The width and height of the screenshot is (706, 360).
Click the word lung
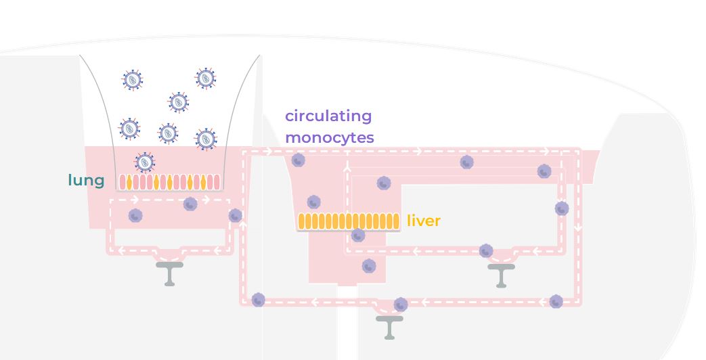pos(86,180)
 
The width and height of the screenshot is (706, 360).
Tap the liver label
pos(424,221)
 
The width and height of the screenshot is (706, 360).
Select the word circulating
pos(328,116)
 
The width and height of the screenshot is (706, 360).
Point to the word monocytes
pos(329,137)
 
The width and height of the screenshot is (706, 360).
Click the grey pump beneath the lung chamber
pos(169,271)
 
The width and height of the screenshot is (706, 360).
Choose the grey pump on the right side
pos(501,273)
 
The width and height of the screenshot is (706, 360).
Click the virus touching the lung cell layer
pos(144,162)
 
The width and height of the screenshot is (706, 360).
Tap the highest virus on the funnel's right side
pos(205,78)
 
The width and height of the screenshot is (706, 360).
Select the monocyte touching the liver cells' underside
pos(358,235)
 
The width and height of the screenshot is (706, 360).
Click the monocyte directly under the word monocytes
pos(299,160)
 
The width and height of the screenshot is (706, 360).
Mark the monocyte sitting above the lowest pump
pos(401,305)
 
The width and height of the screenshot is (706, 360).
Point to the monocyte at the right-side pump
pos(486,251)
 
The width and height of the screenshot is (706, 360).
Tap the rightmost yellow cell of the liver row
pos(396,221)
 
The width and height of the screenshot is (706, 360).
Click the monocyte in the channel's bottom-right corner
pos(556,301)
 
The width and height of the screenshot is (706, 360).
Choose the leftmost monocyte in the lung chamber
pos(135,215)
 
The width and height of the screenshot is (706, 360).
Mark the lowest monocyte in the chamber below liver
pos(369,266)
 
